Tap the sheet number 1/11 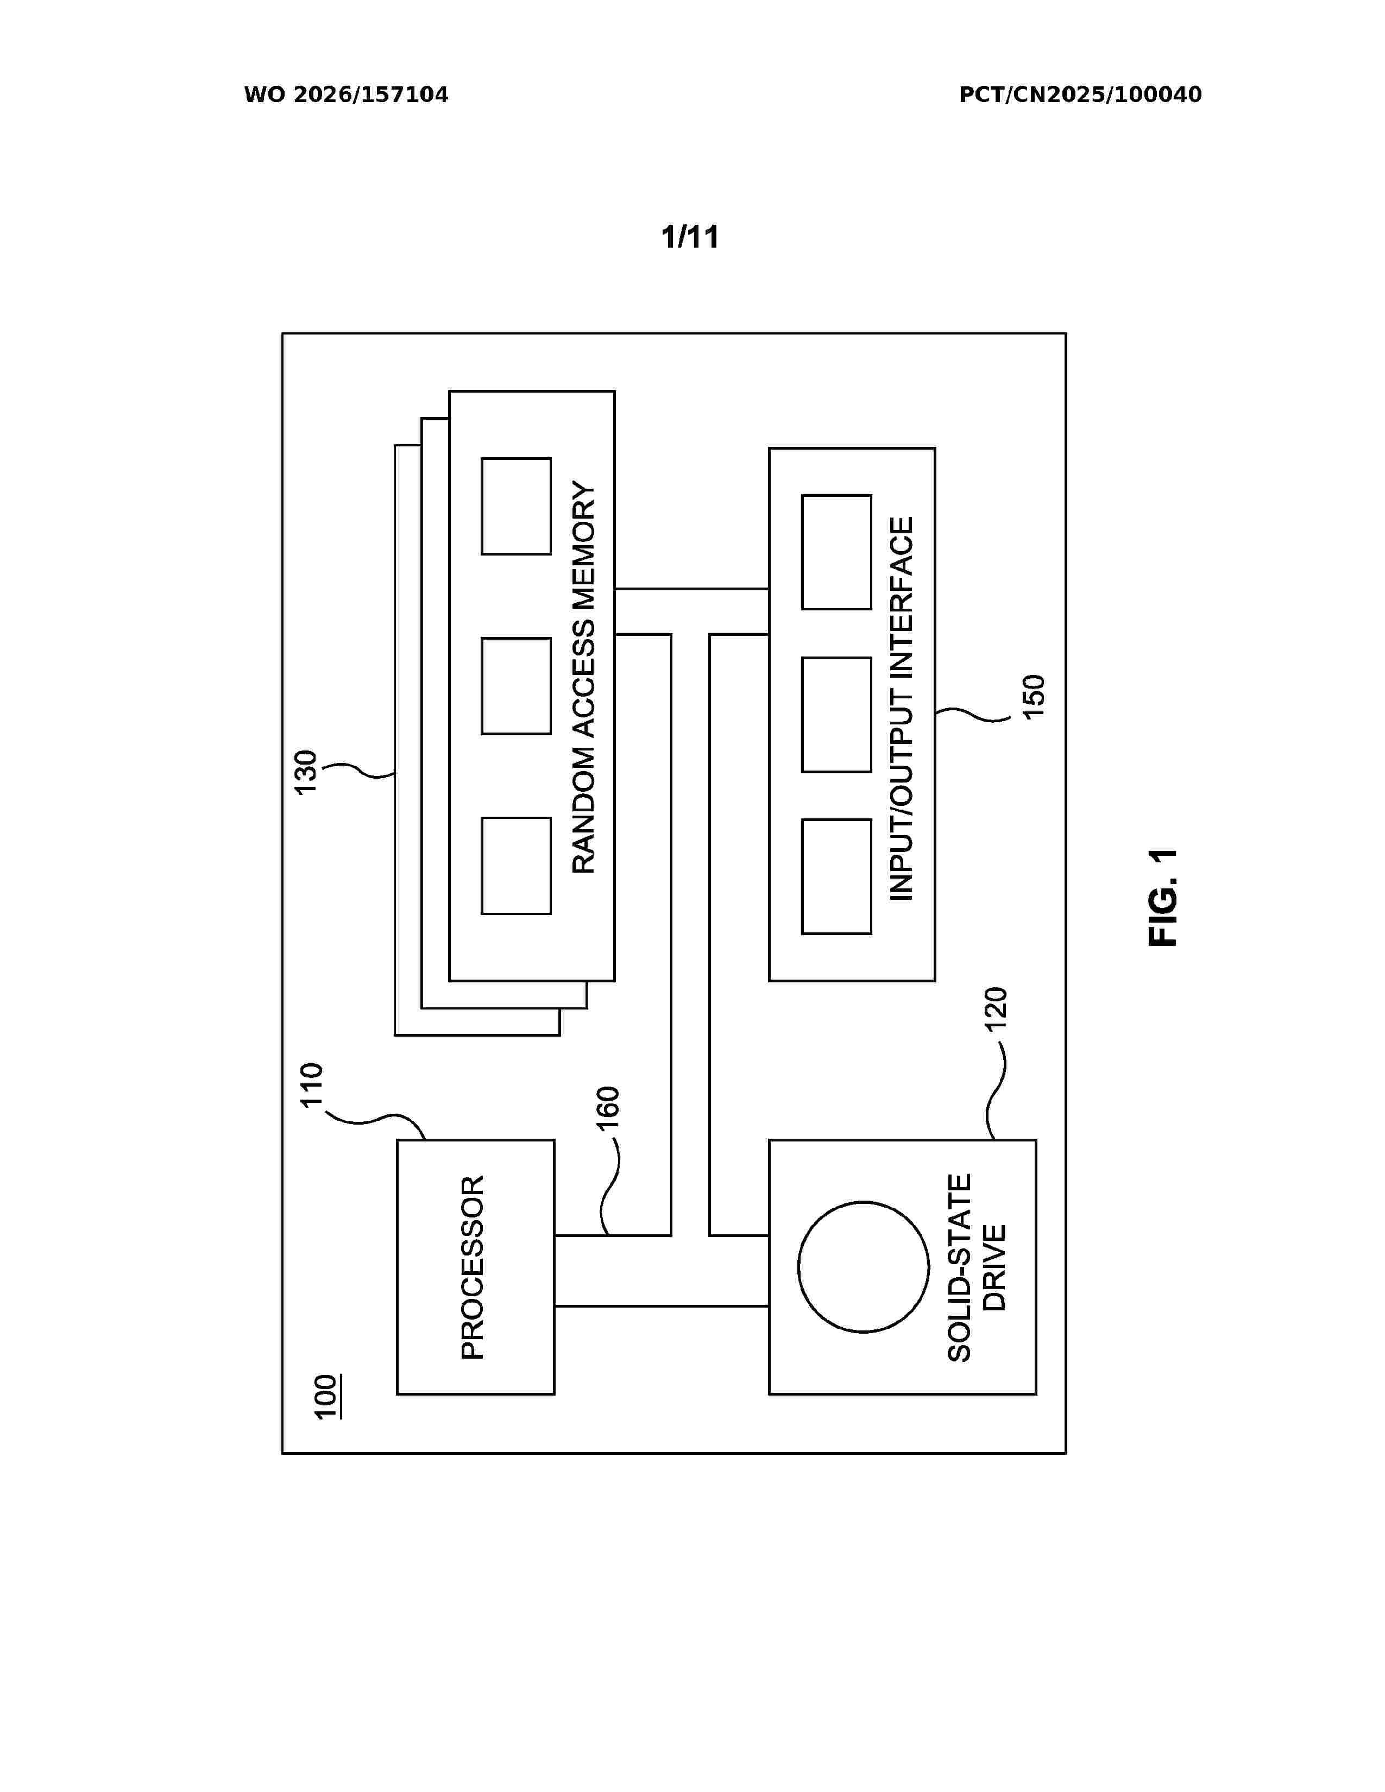coord(690,237)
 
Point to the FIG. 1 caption coord(1163,898)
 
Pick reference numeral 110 coord(312,1085)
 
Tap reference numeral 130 coord(305,772)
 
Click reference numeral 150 coord(1034,697)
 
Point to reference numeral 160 coord(607,1108)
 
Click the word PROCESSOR coord(473,1267)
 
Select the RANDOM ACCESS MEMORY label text coord(583,678)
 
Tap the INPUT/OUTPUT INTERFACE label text coord(901,709)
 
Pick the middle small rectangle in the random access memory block coord(516,686)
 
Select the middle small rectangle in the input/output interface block coord(836,715)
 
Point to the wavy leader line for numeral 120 coord(995,1090)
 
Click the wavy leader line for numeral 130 coord(358,769)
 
